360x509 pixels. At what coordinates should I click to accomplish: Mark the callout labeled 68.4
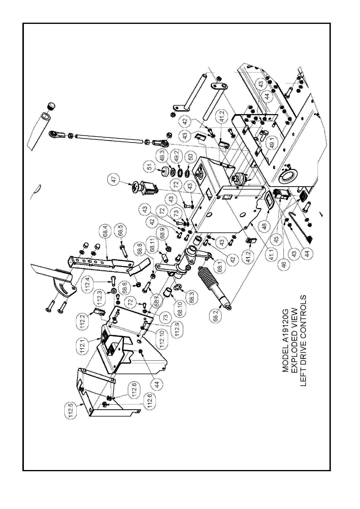105,231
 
